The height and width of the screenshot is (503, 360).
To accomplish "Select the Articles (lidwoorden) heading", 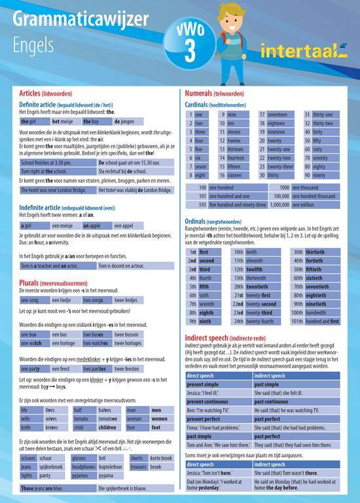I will (x=49, y=94).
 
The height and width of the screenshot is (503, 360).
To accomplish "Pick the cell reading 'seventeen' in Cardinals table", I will (x=282, y=115).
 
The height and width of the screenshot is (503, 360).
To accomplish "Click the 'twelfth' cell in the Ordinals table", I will (x=255, y=269).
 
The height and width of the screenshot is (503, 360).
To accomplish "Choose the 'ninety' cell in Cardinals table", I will (x=319, y=175).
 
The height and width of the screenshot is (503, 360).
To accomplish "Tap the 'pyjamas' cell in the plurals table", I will (x=82, y=475).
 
